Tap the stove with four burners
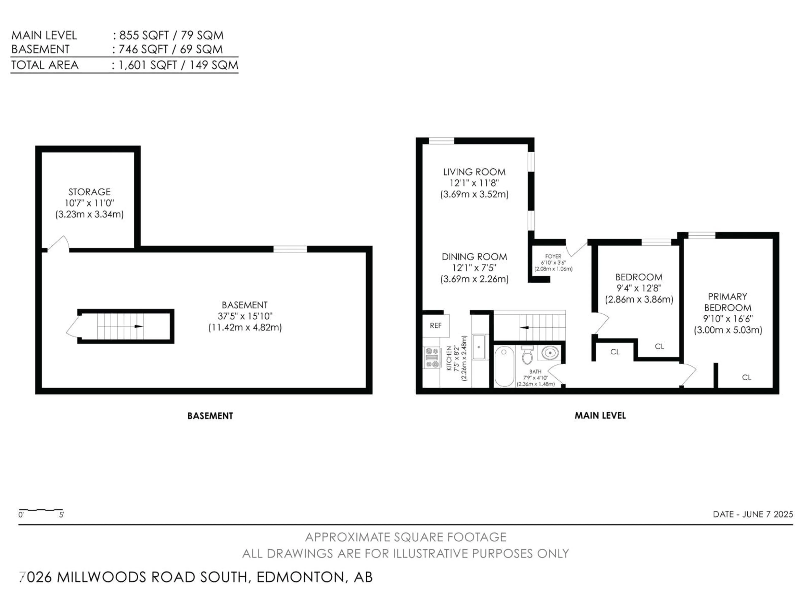432,357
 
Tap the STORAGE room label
90,192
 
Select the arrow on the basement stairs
139,326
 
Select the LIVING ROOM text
474,172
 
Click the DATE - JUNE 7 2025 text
753,514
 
